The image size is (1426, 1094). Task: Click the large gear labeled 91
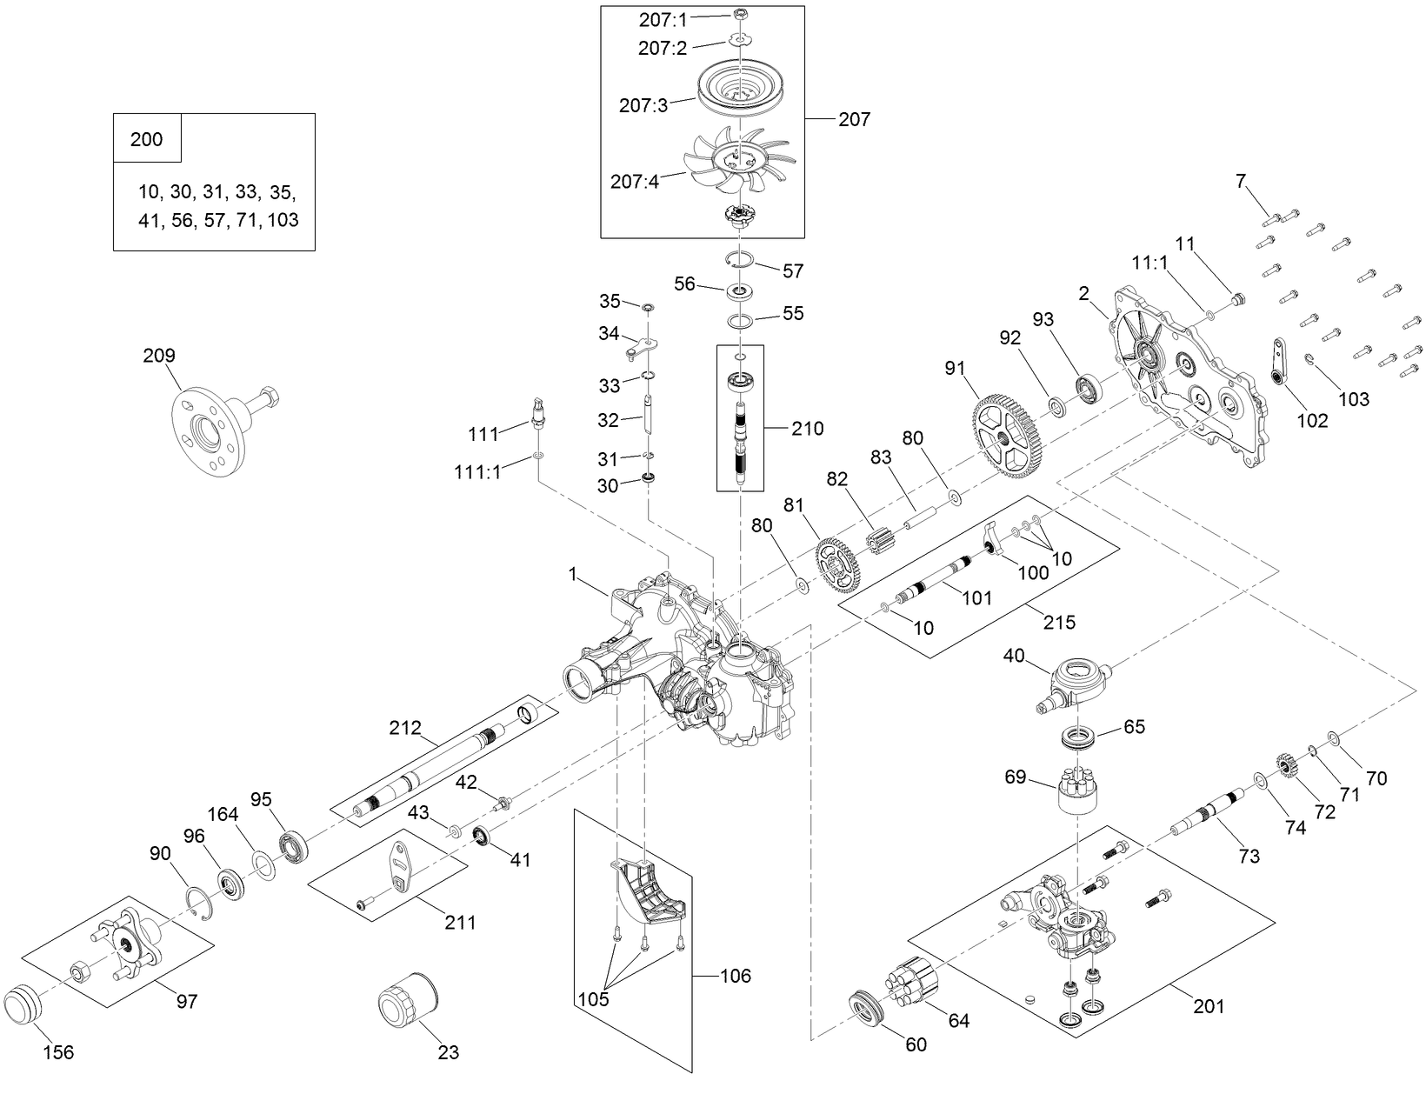coord(1005,434)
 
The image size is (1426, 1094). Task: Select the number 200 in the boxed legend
coord(146,139)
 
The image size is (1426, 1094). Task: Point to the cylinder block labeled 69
coord(1077,790)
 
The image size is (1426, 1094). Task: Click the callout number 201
coord(1208,1006)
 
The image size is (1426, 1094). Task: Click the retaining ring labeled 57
coord(738,260)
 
